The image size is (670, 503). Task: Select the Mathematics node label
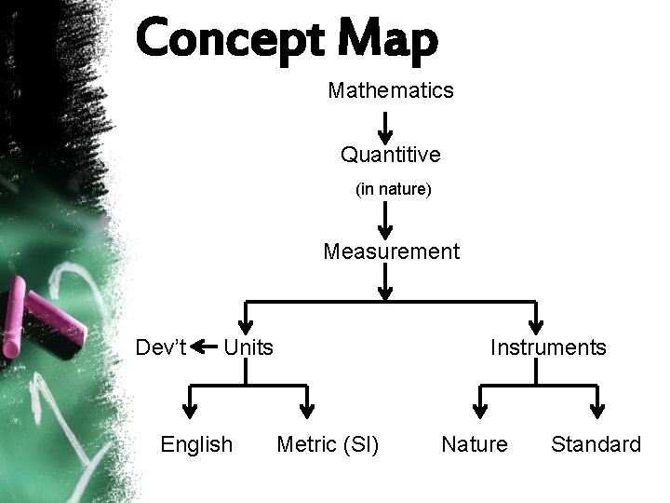tap(391, 90)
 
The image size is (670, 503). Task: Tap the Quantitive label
tap(391, 153)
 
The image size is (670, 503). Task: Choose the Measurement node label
tap(391, 251)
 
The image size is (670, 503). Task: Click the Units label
tap(249, 347)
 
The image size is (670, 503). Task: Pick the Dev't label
tap(162, 347)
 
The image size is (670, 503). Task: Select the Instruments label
tap(548, 347)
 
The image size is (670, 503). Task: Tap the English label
tap(196, 444)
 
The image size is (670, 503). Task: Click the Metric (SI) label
tap(328, 444)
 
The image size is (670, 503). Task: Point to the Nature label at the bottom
tap(475, 444)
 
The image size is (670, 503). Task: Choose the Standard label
tap(596, 444)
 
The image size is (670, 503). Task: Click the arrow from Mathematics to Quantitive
tap(387, 125)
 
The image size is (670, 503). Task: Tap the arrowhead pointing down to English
tap(190, 407)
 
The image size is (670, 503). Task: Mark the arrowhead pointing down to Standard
tap(598, 407)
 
